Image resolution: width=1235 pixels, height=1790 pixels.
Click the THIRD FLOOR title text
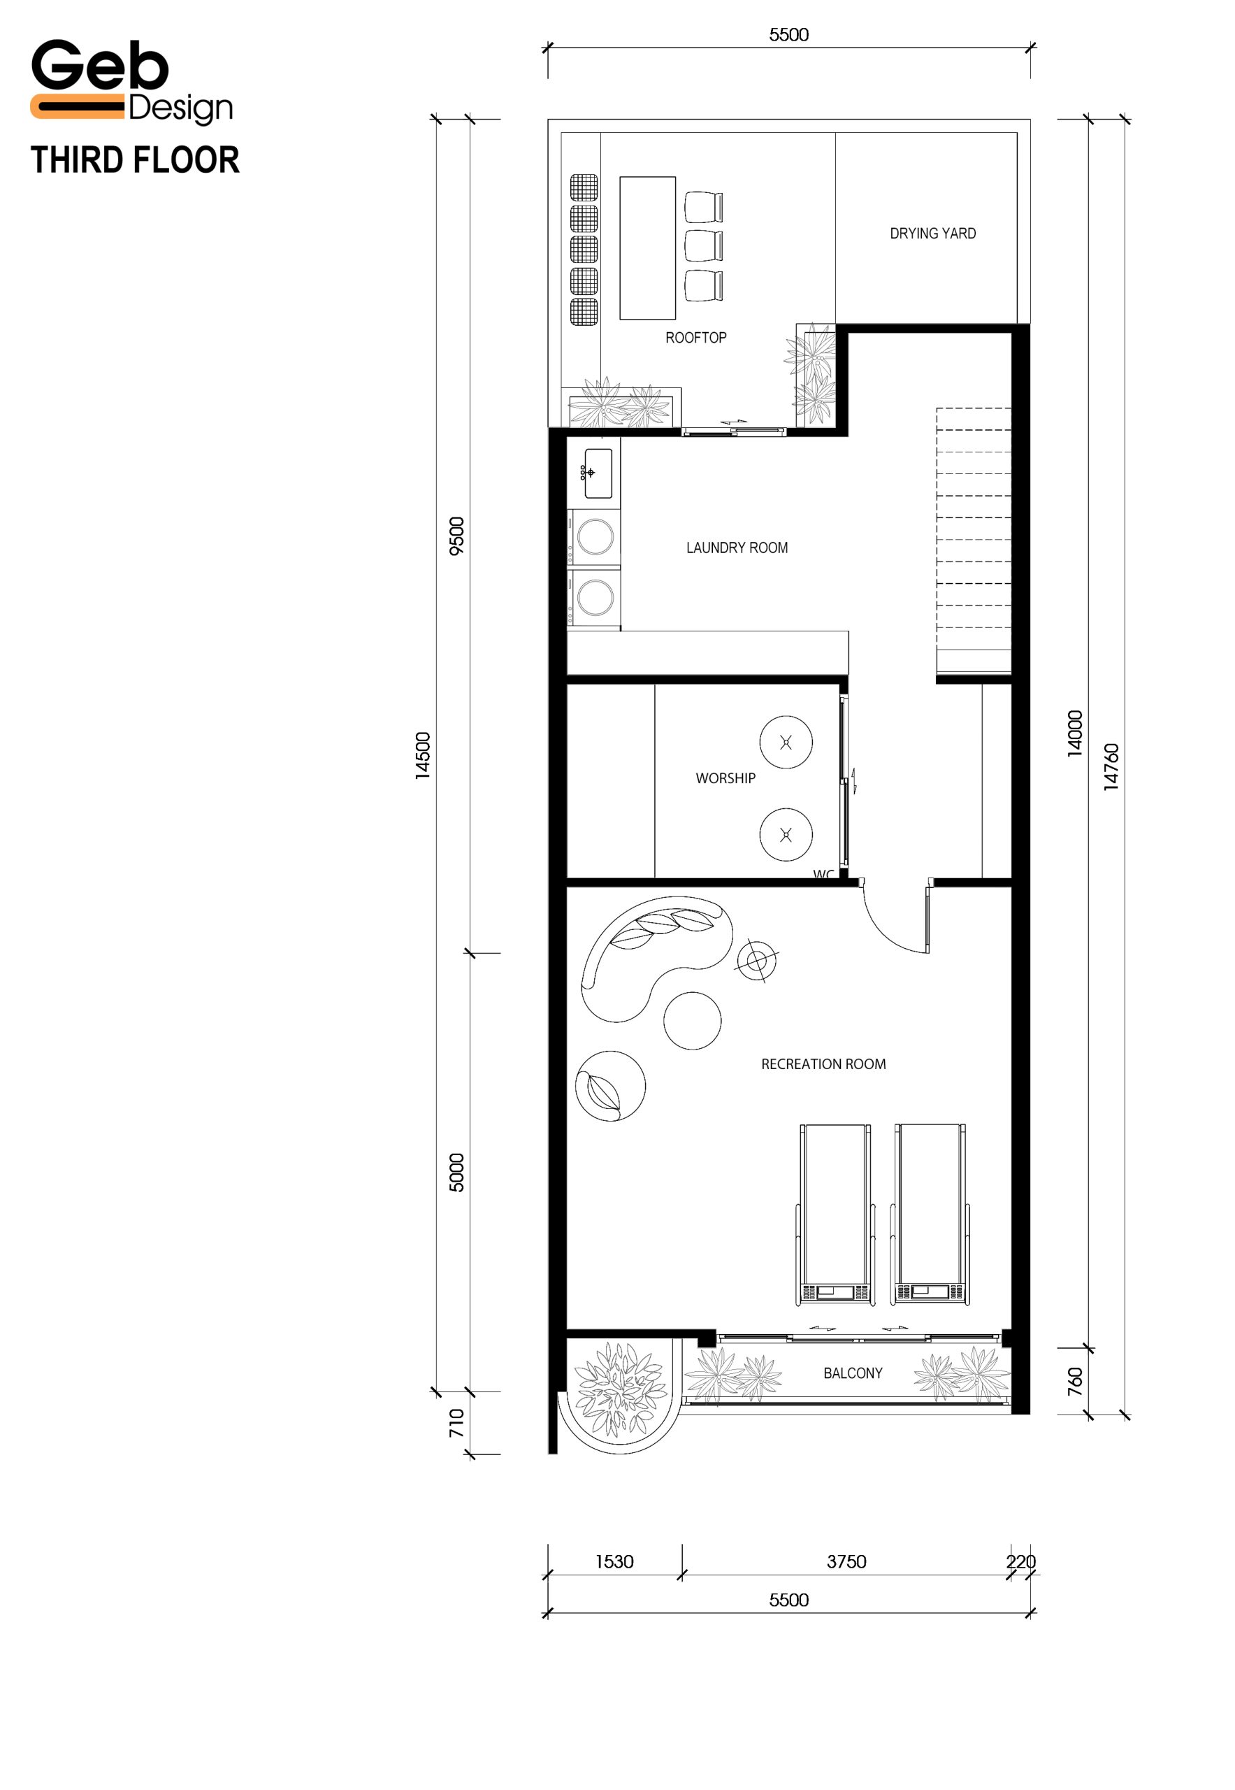[x=136, y=160]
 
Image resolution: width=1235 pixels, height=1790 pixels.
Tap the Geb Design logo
[x=131, y=81]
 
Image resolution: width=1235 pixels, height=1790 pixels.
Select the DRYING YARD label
[x=932, y=233]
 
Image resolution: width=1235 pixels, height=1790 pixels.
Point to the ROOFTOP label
[x=695, y=338]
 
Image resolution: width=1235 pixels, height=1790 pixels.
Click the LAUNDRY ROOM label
[x=737, y=547]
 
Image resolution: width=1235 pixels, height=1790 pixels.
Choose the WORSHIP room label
[x=725, y=778]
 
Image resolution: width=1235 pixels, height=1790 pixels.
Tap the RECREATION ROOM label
[x=823, y=1064]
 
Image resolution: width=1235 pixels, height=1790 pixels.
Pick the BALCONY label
[x=853, y=1373]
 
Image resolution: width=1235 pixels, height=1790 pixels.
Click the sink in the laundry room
[x=598, y=473]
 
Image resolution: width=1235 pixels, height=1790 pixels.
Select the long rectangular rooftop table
[x=648, y=248]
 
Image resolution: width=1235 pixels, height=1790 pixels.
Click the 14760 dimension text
[x=1111, y=766]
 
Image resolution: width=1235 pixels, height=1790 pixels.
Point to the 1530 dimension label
[x=614, y=1561]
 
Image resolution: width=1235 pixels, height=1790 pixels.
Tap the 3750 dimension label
[x=846, y=1561]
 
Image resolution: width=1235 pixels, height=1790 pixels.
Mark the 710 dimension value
[x=456, y=1423]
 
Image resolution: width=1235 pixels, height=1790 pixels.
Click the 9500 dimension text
[x=456, y=536]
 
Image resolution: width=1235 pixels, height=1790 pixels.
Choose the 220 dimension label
[x=1020, y=1561]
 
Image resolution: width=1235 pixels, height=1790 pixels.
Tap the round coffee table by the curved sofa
[x=692, y=1020]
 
